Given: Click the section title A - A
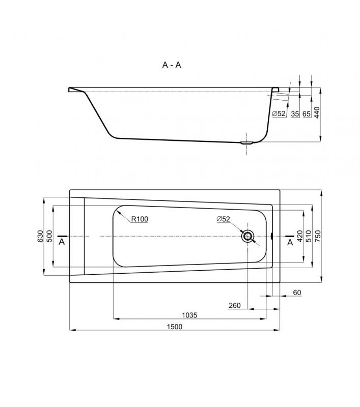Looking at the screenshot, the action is pyautogui.click(x=172, y=65).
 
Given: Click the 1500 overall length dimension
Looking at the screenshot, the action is pyautogui.click(x=175, y=327).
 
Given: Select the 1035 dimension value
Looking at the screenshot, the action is pyautogui.click(x=189, y=315).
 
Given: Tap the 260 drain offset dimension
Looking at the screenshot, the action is pyautogui.click(x=235, y=306).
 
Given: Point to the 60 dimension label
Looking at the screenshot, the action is pyautogui.click(x=297, y=293).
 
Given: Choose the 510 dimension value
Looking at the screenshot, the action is pyautogui.click(x=309, y=236).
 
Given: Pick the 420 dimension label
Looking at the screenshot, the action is pyautogui.click(x=300, y=236).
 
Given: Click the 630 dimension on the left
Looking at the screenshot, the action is pyautogui.click(x=40, y=236).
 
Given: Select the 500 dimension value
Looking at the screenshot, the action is pyautogui.click(x=49, y=236).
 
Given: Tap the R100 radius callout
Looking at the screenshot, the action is pyautogui.click(x=140, y=219).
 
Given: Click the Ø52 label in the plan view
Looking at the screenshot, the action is pyautogui.click(x=224, y=219).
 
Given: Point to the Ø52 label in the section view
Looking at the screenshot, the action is pyautogui.click(x=279, y=113).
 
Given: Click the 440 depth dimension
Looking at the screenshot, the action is pyautogui.click(x=317, y=112).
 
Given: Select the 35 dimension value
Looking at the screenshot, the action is pyautogui.click(x=295, y=113).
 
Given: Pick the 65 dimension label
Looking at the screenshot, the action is pyautogui.click(x=307, y=113).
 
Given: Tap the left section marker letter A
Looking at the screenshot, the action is pyautogui.click(x=62, y=242).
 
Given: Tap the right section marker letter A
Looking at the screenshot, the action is pyautogui.click(x=290, y=242).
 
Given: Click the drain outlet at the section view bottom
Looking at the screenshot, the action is pyautogui.click(x=247, y=143).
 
